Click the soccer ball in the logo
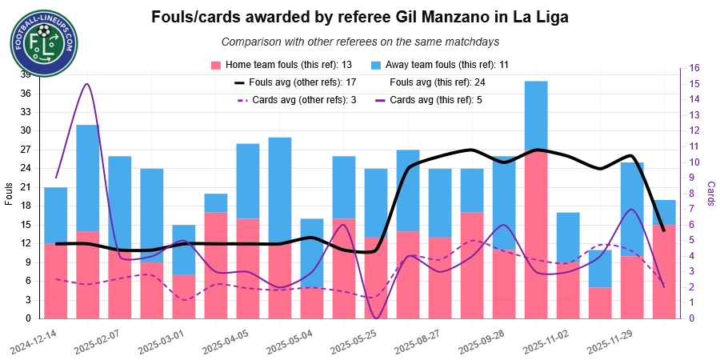click(43, 31)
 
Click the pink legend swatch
click(214, 64)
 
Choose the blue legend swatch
click(375, 64)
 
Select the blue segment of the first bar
click(56, 214)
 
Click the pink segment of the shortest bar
click(599, 303)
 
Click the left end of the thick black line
click(55, 243)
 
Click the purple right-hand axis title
click(710, 190)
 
